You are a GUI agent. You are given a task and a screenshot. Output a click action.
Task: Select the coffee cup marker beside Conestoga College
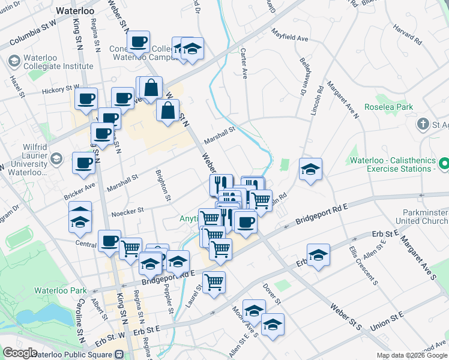pyautogui.click(x=139, y=43)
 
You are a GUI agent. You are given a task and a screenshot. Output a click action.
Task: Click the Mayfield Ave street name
pyautogui.click(x=289, y=37)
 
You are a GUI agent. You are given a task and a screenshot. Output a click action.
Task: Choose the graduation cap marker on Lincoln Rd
pyautogui.click(x=310, y=170)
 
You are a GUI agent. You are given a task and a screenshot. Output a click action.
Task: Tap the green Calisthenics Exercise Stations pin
pyautogui.click(x=444, y=163)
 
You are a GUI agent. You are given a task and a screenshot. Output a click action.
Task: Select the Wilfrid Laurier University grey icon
pyautogui.click(x=56, y=159)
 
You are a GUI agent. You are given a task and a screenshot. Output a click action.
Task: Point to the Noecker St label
pyautogui.click(x=127, y=211)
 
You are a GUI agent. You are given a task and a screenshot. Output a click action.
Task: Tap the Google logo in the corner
pyautogui.click(x=20, y=353)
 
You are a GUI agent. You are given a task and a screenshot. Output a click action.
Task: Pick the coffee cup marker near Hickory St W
pyautogui.click(x=86, y=100)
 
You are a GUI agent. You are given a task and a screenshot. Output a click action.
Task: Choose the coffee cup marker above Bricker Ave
pyautogui.click(x=83, y=164)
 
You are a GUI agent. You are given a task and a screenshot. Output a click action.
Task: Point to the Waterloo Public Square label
pyautogui.click(x=74, y=355)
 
